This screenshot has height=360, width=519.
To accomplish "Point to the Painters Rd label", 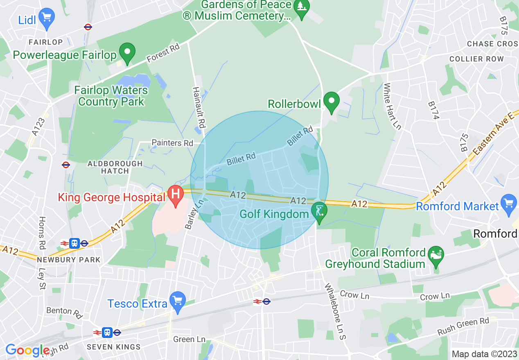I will (x=172, y=143).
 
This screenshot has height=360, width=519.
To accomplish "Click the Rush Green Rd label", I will (x=463, y=326).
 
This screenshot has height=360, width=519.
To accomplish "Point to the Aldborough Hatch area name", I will (x=115, y=167).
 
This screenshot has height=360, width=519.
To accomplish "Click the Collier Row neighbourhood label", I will (x=476, y=59).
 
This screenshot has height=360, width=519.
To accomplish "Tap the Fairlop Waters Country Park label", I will (x=111, y=95).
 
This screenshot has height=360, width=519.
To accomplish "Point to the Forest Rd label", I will (x=163, y=54).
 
